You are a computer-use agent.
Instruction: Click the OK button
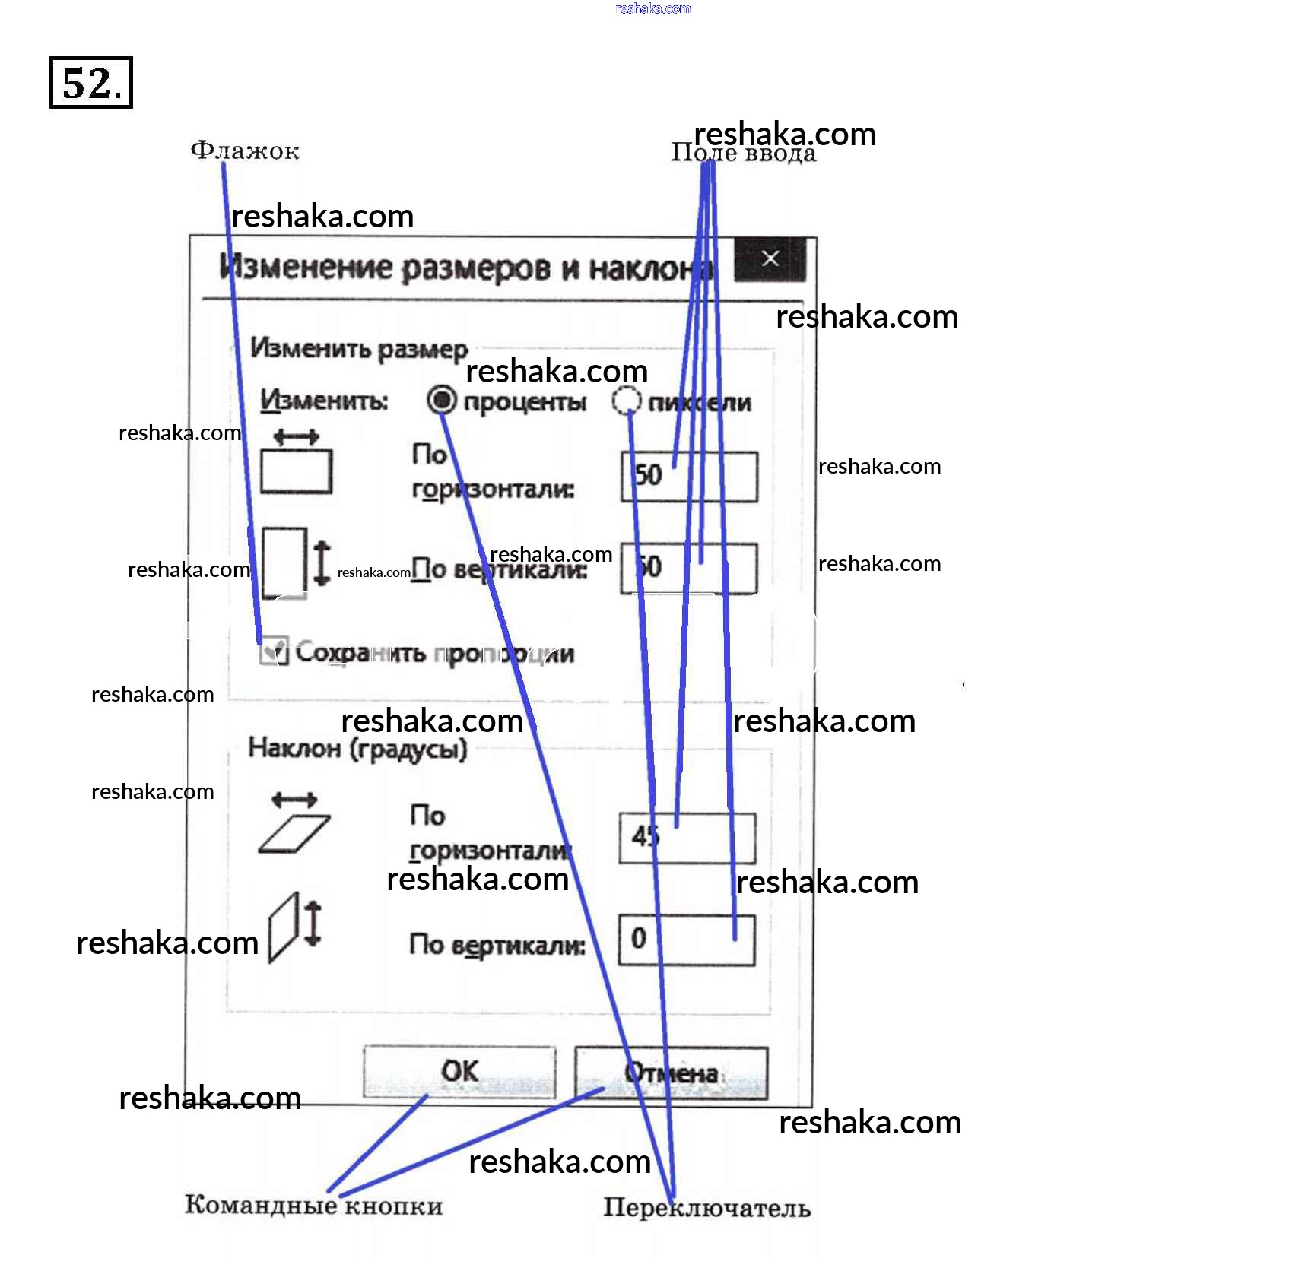459,1072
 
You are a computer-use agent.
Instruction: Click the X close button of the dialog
770,259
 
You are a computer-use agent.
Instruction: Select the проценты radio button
442,400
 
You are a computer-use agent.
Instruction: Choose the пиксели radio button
626,401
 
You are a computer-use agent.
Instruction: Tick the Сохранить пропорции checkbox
274,651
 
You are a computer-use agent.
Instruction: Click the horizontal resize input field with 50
689,477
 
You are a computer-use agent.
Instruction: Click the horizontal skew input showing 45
687,838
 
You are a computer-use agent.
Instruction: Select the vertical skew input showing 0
687,940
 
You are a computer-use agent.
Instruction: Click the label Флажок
245,151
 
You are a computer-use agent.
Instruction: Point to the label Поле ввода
743,154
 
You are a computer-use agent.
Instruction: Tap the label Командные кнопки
313,1206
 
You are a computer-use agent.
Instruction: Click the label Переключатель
706,1208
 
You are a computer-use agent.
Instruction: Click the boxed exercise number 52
91,83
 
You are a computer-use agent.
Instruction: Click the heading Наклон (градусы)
357,750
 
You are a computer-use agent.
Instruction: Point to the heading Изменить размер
359,349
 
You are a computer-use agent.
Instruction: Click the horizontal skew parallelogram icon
294,834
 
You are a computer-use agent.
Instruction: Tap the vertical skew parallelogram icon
283,928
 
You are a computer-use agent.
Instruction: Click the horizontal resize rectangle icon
296,471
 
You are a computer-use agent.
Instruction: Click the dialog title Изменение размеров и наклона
464,268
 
